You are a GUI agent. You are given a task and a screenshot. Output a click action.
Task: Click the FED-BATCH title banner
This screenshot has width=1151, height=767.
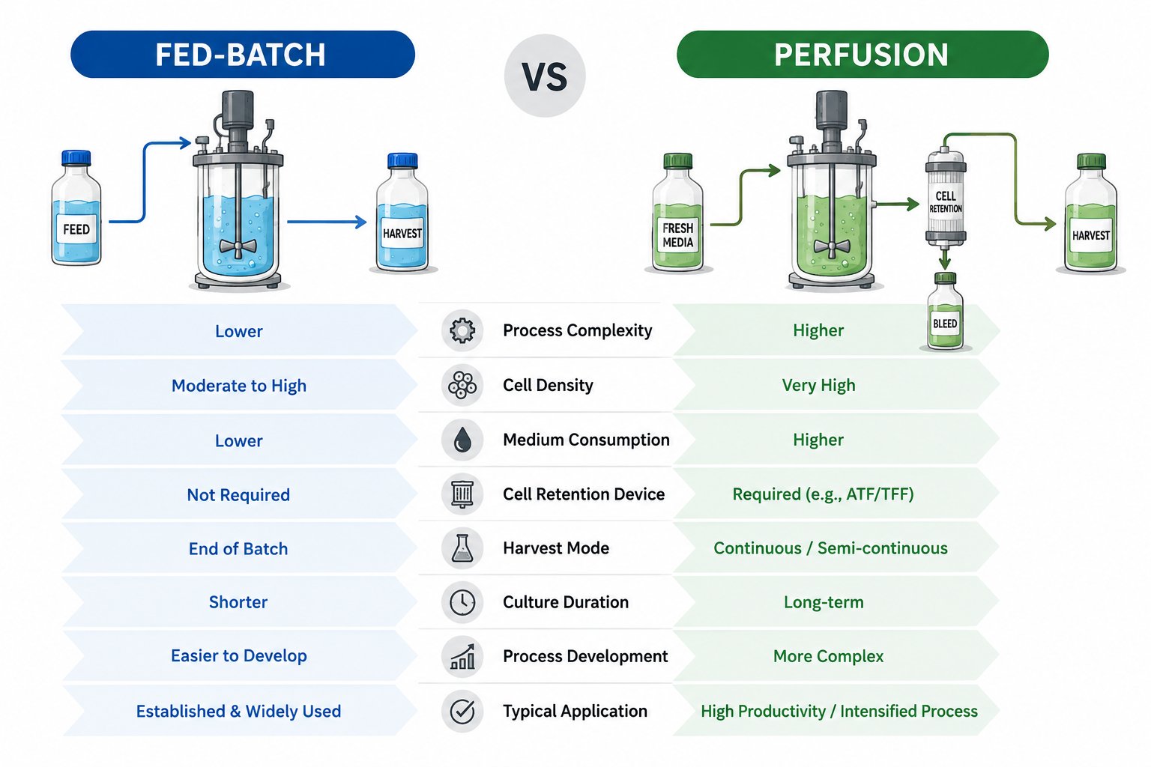tap(243, 55)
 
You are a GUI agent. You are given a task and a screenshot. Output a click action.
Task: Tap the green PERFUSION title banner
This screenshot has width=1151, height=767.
tap(863, 55)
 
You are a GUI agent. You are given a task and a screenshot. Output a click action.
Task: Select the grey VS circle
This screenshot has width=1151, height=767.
tap(545, 76)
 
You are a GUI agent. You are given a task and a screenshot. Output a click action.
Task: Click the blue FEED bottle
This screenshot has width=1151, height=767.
tap(76, 207)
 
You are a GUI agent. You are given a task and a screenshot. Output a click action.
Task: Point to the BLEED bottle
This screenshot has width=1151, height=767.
tap(945, 312)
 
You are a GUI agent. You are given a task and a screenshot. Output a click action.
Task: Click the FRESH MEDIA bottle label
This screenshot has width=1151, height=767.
tap(677, 234)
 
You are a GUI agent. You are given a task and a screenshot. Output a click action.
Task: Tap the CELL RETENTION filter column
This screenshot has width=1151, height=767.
tap(946, 198)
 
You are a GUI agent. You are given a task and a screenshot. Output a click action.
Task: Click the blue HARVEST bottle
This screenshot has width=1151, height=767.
tap(402, 212)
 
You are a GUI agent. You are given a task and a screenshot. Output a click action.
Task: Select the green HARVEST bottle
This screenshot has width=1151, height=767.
tap(1090, 213)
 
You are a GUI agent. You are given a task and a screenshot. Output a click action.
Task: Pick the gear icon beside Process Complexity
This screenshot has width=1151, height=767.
tap(462, 330)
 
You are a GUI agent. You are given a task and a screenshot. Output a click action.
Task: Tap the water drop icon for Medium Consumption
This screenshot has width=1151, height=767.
tap(462, 440)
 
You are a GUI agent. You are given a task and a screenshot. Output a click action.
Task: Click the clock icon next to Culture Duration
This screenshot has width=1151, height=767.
tap(462, 602)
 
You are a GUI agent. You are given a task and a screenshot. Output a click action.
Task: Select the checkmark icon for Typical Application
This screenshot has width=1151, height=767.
tap(462, 711)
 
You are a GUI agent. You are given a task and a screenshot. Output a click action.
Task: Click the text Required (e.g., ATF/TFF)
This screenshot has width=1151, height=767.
tap(824, 494)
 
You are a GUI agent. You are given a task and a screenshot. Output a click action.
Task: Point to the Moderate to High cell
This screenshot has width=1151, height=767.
tap(239, 385)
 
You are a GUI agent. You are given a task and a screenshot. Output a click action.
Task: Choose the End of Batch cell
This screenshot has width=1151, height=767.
tap(238, 549)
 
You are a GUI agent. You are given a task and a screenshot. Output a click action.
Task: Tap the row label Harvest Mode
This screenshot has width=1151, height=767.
tap(556, 548)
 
